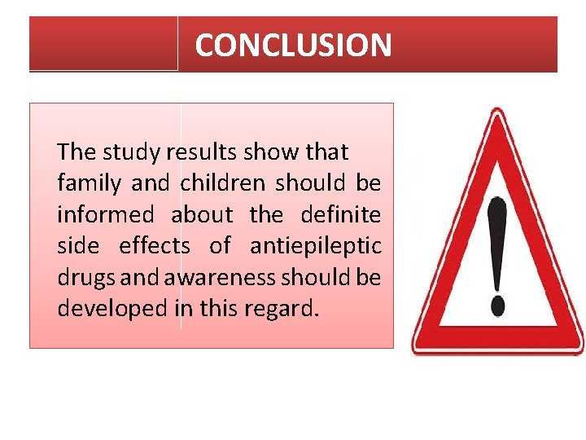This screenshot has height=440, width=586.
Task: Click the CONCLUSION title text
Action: [293, 45]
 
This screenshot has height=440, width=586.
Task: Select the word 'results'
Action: [199, 152]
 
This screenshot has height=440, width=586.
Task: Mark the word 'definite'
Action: [340, 215]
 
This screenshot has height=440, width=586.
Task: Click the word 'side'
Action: [77, 246]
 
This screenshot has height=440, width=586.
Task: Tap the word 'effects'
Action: [155, 246]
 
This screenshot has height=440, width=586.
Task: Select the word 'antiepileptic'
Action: [315, 246]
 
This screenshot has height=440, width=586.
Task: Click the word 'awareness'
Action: [220, 278]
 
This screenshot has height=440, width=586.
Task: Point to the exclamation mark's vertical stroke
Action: [496, 244]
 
